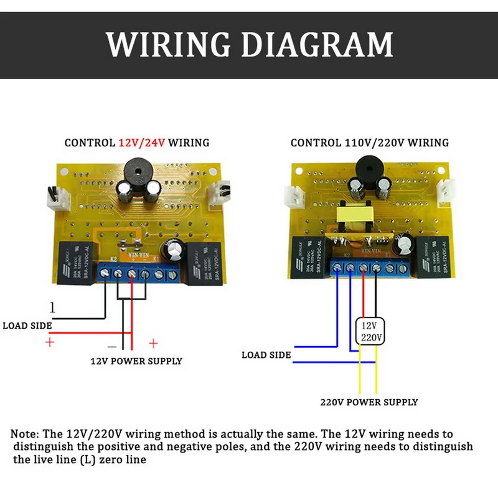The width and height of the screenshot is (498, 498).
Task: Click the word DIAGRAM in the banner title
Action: coord(317,44)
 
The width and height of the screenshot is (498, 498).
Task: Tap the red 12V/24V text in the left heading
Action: coord(142,143)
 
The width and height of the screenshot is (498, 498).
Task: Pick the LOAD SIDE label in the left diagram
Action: coord(27,325)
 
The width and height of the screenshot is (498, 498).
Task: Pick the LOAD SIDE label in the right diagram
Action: coord(266,355)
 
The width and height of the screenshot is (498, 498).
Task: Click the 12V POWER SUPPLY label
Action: coord(136,361)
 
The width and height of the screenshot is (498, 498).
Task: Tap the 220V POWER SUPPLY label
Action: coord(369,402)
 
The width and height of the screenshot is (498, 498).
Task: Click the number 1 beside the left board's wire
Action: coord(53,307)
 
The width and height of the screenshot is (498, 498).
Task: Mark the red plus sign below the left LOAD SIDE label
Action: coord(49,342)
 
